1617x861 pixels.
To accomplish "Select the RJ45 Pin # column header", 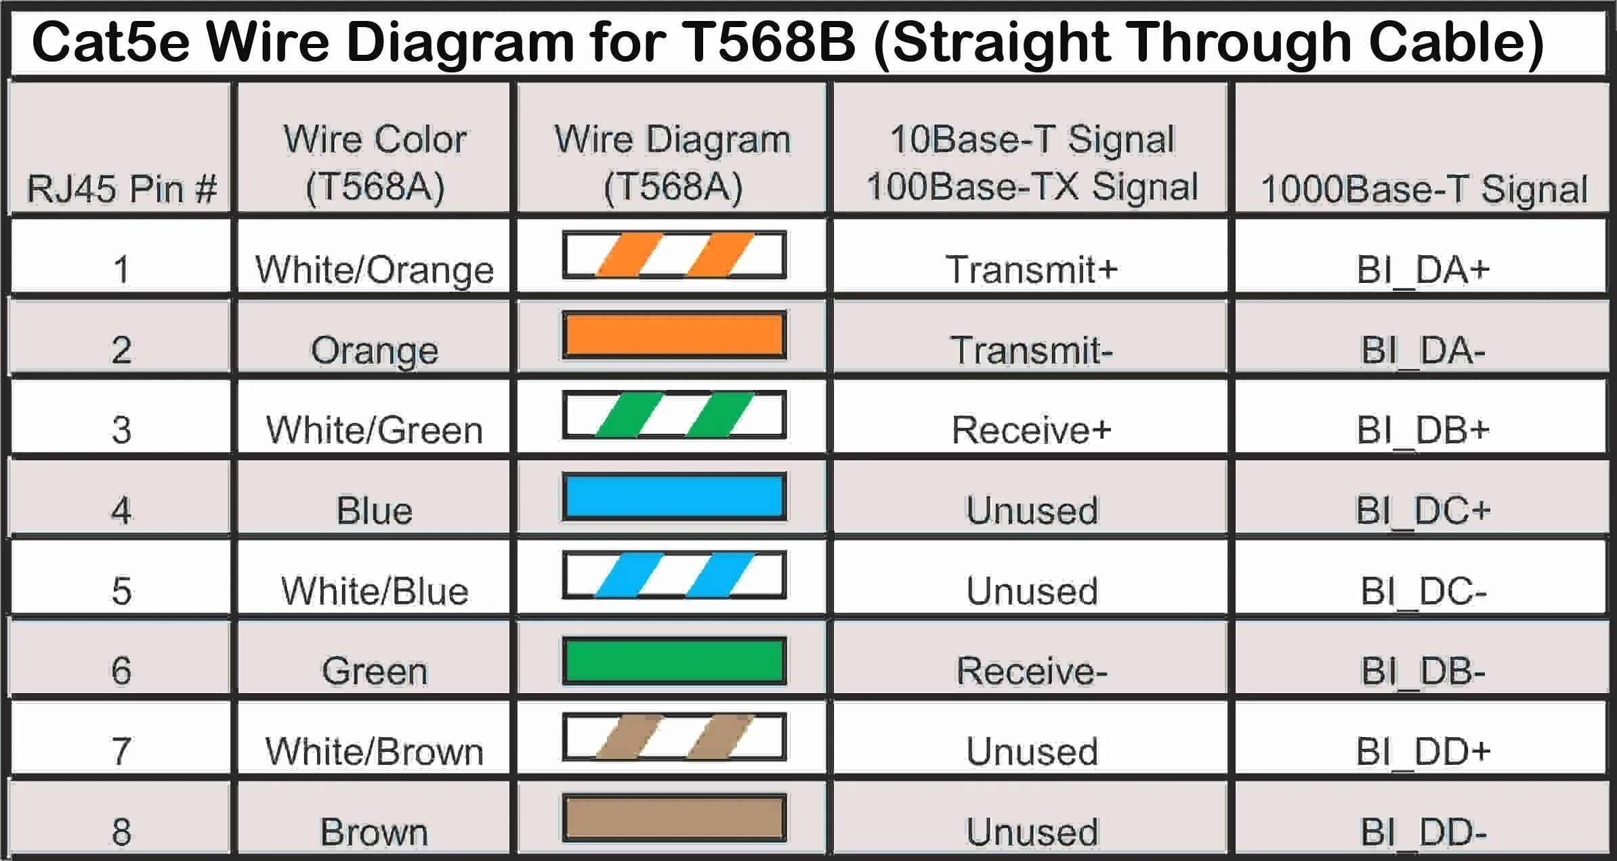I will (121, 188).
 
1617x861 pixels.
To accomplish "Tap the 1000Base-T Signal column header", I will (1423, 189).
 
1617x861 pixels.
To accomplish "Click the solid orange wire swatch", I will (674, 336).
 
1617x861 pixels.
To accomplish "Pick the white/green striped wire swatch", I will (674, 415).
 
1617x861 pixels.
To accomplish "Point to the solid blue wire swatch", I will (674, 496).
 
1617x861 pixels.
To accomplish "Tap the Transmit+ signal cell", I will (1031, 269).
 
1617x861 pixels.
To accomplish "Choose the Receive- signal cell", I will (1031, 671).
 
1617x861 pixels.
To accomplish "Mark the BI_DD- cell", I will (1423, 832).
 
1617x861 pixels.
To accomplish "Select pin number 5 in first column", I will (121, 591).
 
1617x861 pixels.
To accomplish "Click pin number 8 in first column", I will (121, 832).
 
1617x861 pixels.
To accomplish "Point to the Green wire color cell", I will (374, 671).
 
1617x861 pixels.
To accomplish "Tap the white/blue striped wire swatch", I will (674, 575).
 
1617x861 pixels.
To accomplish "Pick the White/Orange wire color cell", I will (374, 269).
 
